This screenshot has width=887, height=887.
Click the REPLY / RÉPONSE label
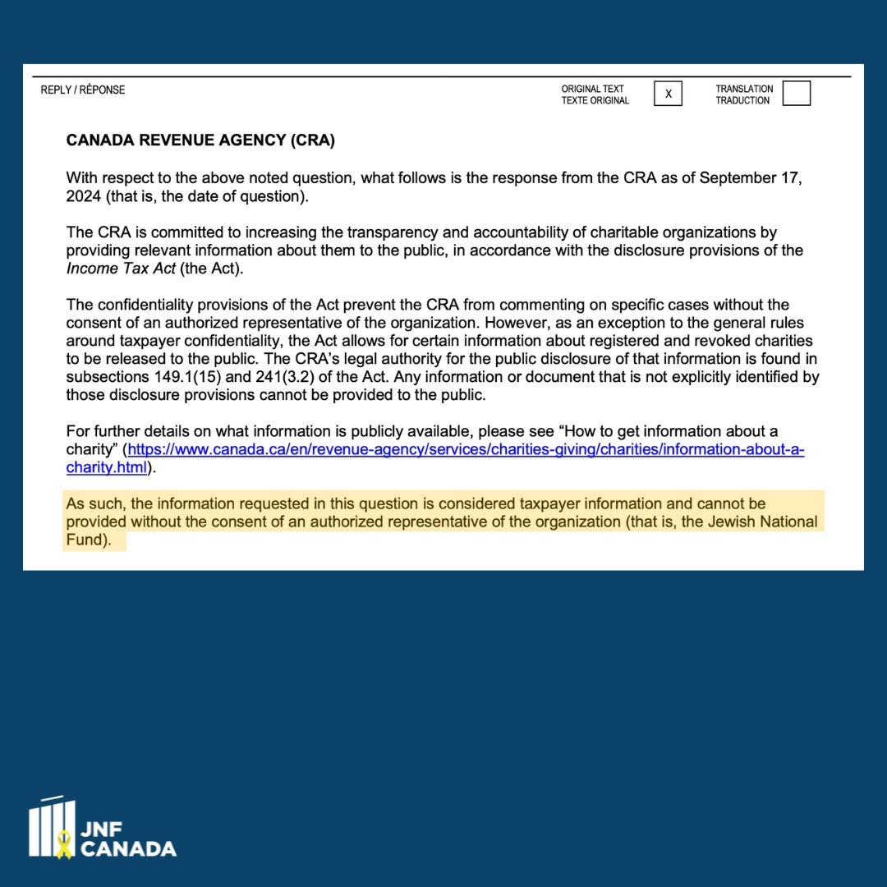click(83, 90)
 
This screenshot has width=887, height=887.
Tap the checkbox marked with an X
click(668, 94)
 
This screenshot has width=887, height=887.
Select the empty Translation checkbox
click(796, 94)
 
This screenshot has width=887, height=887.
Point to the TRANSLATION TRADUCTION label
click(743, 94)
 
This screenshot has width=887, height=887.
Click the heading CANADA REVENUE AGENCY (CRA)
click(200, 140)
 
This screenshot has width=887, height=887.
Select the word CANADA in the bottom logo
click(128, 848)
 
